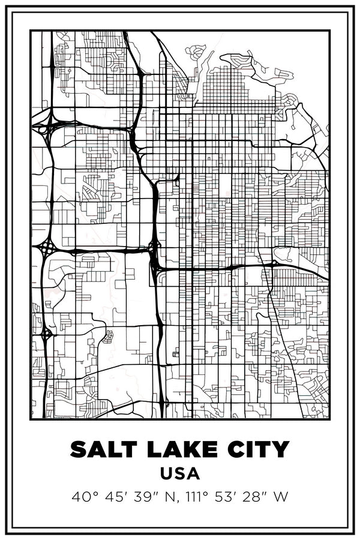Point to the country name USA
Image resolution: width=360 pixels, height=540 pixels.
point(180,473)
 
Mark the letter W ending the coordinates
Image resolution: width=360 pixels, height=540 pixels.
point(281,497)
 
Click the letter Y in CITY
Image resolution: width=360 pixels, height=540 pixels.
point(281,449)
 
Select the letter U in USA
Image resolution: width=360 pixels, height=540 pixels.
point(167,473)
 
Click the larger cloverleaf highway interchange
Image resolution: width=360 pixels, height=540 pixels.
point(46,247)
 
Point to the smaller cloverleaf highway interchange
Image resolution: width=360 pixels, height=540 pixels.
point(46,331)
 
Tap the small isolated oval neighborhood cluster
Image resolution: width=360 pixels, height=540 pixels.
point(108,337)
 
